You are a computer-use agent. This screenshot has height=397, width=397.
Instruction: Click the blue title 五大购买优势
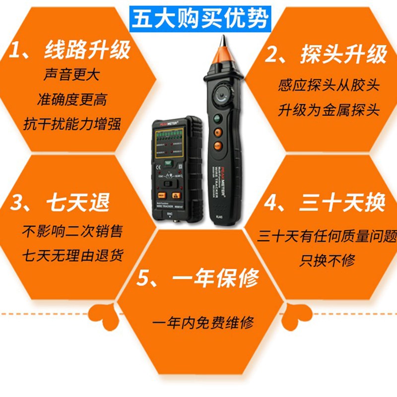(200, 18)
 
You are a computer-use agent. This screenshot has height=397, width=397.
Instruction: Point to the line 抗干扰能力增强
(72, 124)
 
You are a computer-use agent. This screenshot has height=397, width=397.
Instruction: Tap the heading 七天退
(60, 204)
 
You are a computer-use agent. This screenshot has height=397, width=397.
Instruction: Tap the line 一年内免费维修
(203, 323)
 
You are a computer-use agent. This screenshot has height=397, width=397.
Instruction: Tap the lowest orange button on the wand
(217, 146)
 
